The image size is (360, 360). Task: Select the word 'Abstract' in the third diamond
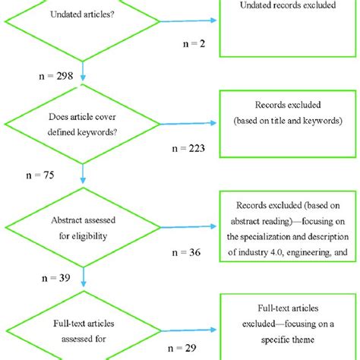coord(66,222)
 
